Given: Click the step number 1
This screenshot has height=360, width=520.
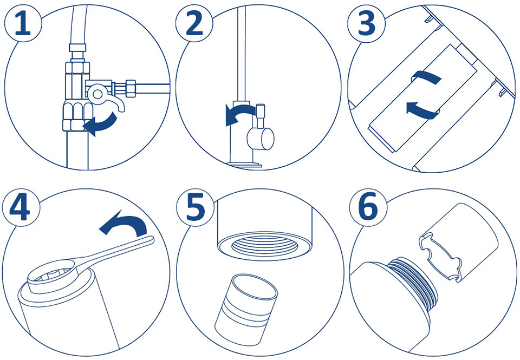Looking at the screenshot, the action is pos(23,24).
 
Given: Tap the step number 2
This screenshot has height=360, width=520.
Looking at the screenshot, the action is pos(194,24).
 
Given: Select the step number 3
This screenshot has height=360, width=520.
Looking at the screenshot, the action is pos(367,24).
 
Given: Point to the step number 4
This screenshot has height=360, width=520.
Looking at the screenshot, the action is pos(20,208).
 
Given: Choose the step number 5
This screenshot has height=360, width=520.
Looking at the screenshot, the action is pos(195,208).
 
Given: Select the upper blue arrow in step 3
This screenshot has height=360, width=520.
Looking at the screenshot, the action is pos(426,76).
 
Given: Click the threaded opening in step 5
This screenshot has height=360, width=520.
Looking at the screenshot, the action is pos(264,244).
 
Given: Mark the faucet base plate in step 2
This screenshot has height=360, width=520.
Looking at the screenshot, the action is pos(244,164).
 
